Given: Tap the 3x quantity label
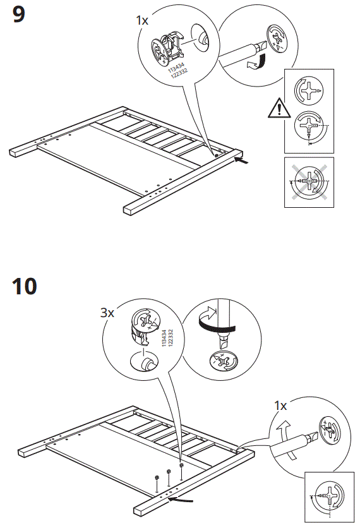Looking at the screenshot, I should click(x=107, y=313).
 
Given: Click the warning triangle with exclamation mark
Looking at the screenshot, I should click(x=277, y=110).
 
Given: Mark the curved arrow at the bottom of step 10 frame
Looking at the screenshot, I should click(x=183, y=500).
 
